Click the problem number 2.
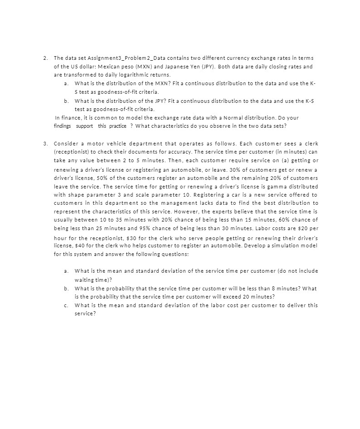pos(45,58)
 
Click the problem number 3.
pos(45,144)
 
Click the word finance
pos(69,118)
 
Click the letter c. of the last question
pos(67,305)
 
